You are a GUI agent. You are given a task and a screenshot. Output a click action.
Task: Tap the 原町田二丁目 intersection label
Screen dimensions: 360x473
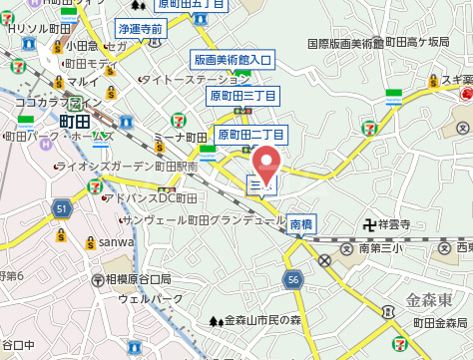pos(251,134)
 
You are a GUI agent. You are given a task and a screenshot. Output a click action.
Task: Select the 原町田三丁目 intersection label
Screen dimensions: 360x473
pos(242,96)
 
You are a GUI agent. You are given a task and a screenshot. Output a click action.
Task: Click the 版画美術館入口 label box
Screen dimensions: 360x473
pos(232,61)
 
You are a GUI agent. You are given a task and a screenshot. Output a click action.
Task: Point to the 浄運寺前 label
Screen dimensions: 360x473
pos(139,30)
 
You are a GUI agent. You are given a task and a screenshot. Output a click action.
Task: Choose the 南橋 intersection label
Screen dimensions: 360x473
pos(301,224)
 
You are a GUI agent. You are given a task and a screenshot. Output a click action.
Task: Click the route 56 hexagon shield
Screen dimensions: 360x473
pos(292,281)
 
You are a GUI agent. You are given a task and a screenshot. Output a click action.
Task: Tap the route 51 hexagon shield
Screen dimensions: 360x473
pos(62,208)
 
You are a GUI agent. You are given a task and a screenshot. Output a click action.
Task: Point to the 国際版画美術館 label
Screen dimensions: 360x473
pos(345,44)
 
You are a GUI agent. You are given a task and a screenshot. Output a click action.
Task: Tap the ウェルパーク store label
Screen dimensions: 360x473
pos(151,298)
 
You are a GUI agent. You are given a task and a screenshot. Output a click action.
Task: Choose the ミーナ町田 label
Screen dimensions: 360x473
pos(181,137)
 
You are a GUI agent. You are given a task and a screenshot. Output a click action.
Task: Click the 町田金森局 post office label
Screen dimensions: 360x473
pos(440,322)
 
